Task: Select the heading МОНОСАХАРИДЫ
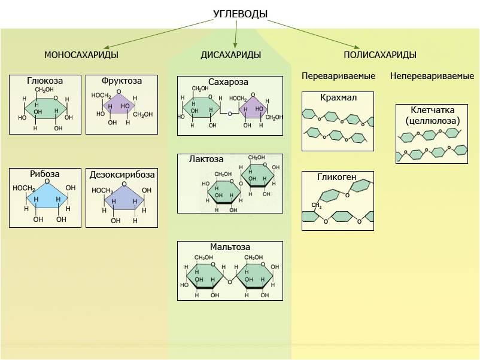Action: (81, 55)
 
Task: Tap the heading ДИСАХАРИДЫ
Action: (230, 55)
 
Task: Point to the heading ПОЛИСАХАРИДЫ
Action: (379, 55)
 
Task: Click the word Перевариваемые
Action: (338, 76)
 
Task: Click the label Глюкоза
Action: (45, 81)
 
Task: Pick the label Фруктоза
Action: (121, 81)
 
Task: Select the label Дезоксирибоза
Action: (121, 175)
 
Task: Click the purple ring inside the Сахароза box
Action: (253, 109)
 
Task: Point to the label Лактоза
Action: (206, 160)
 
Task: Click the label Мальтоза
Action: (230, 247)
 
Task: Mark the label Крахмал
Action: (338, 97)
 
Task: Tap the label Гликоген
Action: (338, 177)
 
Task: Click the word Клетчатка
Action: (432, 110)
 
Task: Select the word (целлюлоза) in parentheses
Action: (432, 120)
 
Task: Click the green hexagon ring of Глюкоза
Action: (45, 108)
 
